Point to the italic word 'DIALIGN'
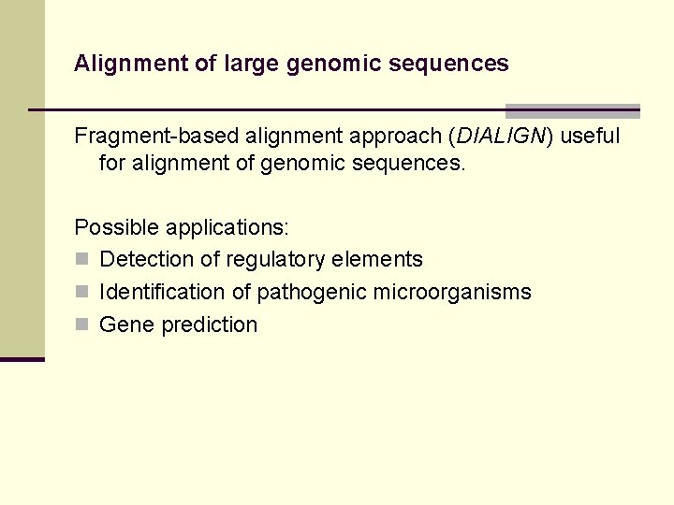coord(501,136)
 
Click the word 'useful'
coord(591,136)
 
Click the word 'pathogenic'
coord(312,292)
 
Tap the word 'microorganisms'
coord(452,292)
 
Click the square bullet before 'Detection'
coord(81,259)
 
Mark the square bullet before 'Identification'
coord(81,292)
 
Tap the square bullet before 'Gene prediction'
coord(81,325)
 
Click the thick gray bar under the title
coord(572,110)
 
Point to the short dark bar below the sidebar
coord(22,358)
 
